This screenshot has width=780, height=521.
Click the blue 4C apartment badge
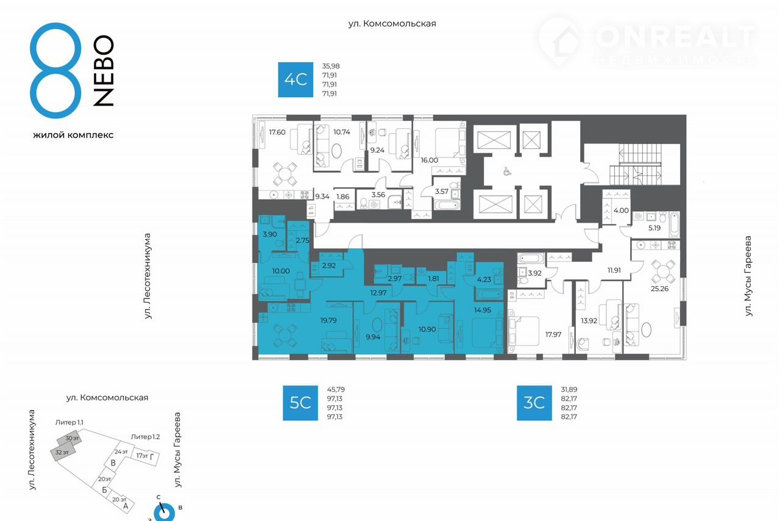point(296,79)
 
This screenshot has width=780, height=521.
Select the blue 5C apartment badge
point(300,403)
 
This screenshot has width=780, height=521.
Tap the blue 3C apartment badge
point(534,403)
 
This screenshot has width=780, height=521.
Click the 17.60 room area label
point(277,132)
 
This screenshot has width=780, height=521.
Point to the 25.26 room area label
point(659,289)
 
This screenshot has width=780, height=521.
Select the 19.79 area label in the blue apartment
point(328,320)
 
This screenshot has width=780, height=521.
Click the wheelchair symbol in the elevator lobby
point(506,171)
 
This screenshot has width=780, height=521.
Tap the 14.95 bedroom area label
point(482,310)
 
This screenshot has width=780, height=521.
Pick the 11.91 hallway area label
point(614,270)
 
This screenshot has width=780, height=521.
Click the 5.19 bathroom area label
point(654,228)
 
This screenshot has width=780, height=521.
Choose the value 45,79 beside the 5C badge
point(336,389)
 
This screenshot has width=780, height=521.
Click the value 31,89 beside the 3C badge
point(569,389)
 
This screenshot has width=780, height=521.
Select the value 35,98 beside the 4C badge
point(331,66)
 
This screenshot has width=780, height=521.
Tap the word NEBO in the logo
point(104,71)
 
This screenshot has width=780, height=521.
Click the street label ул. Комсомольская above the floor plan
point(392,23)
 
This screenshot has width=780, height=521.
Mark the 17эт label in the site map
point(142,456)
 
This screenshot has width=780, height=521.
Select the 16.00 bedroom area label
point(430,160)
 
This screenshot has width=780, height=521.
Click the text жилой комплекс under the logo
point(73,135)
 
